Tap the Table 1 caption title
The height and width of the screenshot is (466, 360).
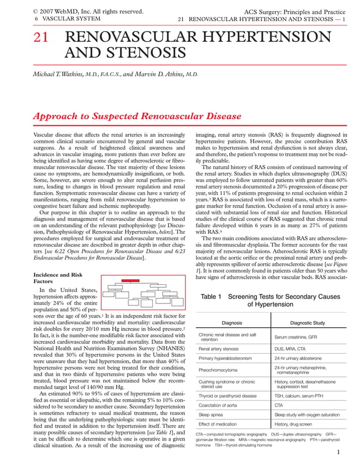(270, 300)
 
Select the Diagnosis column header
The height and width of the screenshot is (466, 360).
(232, 323)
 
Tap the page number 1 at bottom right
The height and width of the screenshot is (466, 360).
(338, 452)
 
